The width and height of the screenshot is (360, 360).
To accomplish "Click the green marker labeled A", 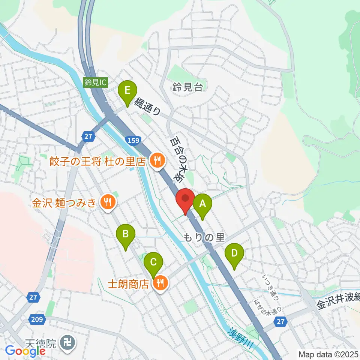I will coord(202,204).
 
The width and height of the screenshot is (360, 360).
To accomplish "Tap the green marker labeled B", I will coord(126,235).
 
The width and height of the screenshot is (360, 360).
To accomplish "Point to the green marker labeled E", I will coord(127,91).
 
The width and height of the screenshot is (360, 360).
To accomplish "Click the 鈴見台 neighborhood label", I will coord(188,88).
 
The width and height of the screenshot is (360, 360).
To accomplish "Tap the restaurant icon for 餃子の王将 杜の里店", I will coord(156,161).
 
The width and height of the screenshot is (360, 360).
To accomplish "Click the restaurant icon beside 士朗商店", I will coord(161,283).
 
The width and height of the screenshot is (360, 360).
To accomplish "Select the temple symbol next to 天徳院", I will coord(69,342).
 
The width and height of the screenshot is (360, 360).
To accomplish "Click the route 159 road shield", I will coord(134,141).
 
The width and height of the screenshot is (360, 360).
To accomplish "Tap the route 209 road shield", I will coord(36,319).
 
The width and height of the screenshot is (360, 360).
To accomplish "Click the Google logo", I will coord(25,351).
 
